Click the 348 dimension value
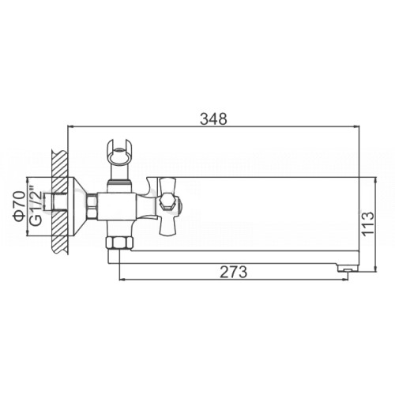point(213,119)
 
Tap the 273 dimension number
point(233,272)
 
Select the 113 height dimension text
point(367,223)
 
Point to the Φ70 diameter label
point(20,206)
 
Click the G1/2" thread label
point(36,206)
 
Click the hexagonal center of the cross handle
point(168,202)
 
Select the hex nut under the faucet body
point(119,243)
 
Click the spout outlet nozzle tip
point(348,269)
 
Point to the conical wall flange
point(77,206)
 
